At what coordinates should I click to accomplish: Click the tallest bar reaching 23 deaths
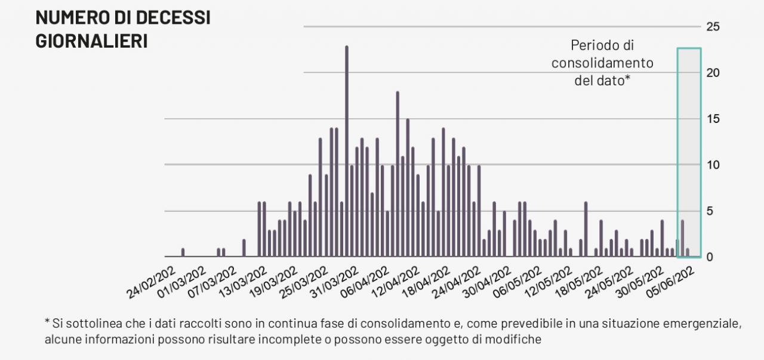point(346,152)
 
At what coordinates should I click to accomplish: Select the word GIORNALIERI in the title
point(91,41)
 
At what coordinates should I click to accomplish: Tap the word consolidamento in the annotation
point(602,63)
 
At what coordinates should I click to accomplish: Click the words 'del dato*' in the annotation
point(602,81)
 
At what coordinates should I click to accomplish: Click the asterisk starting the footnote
point(47,323)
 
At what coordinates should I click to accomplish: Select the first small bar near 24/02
point(183,253)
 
